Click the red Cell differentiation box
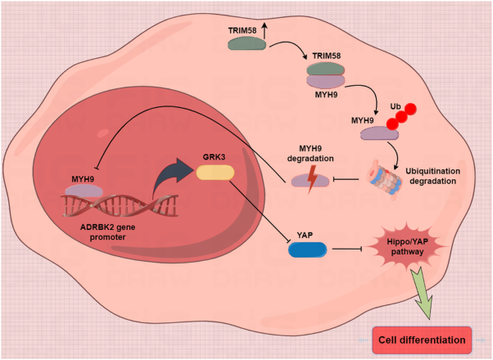pyautogui.click(x=421, y=338)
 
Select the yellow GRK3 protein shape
pyautogui.click(x=215, y=172)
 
